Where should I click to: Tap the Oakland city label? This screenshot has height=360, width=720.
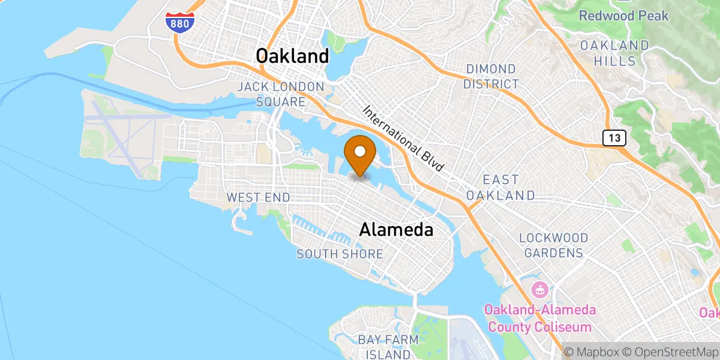[292, 56]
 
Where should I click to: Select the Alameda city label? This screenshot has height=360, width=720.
[396, 229]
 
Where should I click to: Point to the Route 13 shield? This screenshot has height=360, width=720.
[615, 139]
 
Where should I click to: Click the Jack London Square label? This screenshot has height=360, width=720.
[280, 94]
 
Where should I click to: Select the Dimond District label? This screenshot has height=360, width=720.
[491, 77]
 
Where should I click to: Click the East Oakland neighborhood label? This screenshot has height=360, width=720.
[500, 188]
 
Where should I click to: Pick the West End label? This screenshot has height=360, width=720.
[258, 197]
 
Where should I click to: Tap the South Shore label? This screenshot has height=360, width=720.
[340, 254]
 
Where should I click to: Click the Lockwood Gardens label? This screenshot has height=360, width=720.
[553, 245]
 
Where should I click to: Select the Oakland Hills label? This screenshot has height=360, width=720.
[614, 53]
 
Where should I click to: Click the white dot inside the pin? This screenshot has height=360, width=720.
[360, 151]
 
